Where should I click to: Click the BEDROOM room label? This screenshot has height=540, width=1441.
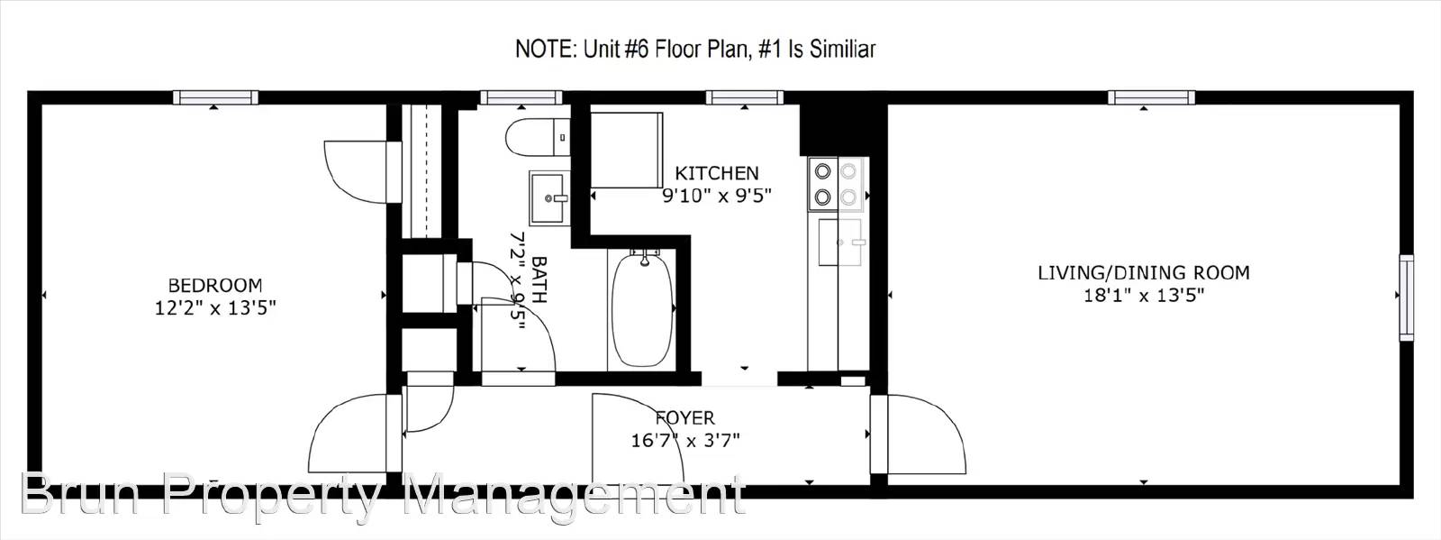pyautogui.click(x=215, y=285)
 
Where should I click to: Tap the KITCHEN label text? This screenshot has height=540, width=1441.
pyautogui.click(x=717, y=173)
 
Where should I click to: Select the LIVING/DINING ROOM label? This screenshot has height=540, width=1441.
pyautogui.click(x=1144, y=273)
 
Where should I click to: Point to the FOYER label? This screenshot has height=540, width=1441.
pyautogui.click(x=685, y=418)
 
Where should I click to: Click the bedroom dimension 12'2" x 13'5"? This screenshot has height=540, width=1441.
pyautogui.click(x=215, y=308)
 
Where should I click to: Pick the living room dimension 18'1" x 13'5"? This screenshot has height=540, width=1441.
pyautogui.click(x=1144, y=296)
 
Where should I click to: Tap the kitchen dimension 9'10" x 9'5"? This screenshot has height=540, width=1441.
pyautogui.click(x=717, y=196)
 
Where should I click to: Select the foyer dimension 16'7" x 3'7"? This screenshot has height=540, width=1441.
pyautogui.click(x=685, y=441)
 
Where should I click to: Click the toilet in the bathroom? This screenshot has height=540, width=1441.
pyautogui.click(x=538, y=137)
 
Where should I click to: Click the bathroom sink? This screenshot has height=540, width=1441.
pyautogui.click(x=549, y=197)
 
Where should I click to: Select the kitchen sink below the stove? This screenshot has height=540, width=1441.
pyautogui.click(x=839, y=242)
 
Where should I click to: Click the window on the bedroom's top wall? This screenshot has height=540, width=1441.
pyautogui.click(x=215, y=98)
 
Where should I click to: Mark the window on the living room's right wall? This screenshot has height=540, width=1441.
pyautogui.click(x=1407, y=297)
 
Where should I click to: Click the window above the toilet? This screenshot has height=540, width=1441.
pyautogui.click(x=521, y=98)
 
